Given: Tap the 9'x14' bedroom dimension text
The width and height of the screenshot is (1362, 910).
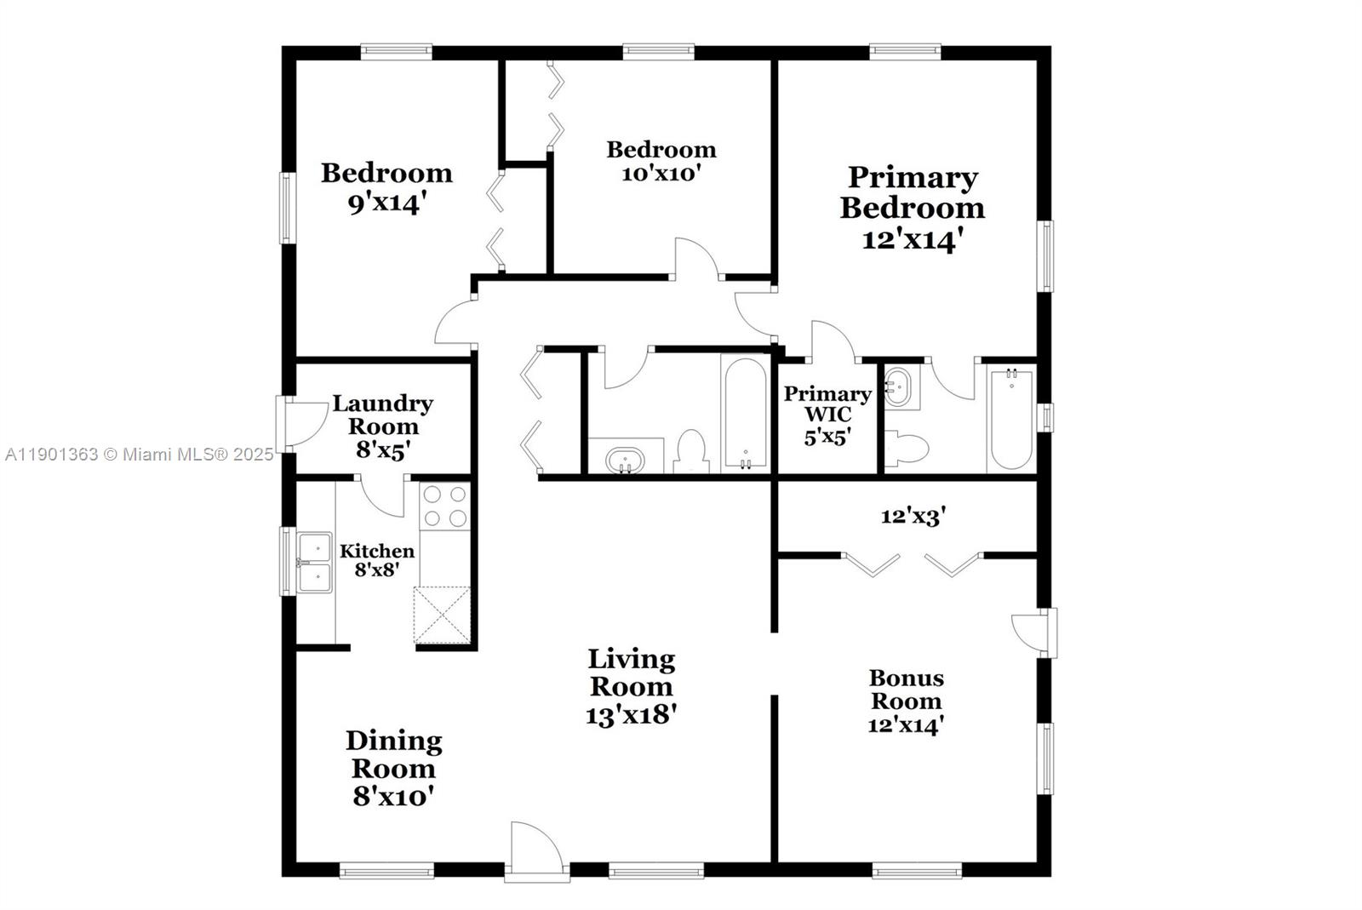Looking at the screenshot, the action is (x=384, y=203).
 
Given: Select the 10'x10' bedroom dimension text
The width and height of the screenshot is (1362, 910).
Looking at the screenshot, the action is (x=661, y=174).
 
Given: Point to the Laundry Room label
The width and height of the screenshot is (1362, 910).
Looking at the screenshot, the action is (x=382, y=415).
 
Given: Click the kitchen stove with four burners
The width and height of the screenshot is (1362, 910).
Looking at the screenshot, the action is (x=445, y=507).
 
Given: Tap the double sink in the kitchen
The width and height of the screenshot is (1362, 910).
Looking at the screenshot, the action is (x=315, y=563).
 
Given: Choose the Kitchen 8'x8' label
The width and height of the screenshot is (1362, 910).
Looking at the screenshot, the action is (x=377, y=560).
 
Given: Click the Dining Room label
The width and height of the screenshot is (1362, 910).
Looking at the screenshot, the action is (x=393, y=754).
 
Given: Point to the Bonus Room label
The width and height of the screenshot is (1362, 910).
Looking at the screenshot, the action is (x=906, y=690).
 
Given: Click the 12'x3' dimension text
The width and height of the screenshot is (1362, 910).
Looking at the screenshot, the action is (x=913, y=517).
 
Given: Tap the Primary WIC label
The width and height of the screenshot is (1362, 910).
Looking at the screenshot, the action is (x=827, y=403).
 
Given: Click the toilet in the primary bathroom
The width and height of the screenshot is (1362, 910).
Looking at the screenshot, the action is (x=906, y=447).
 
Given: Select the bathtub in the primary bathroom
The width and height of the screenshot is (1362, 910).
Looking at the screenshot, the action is (x=1011, y=419).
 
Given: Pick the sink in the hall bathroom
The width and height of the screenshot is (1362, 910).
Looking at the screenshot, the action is (x=626, y=461).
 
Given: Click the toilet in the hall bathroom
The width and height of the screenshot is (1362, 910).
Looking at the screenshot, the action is (x=691, y=452).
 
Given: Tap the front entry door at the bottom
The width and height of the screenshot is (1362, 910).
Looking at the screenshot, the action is (x=537, y=850).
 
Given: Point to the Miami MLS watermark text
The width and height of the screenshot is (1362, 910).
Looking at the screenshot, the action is (x=140, y=455).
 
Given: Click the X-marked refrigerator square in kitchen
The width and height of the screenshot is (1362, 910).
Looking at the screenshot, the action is (x=442, y=615).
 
